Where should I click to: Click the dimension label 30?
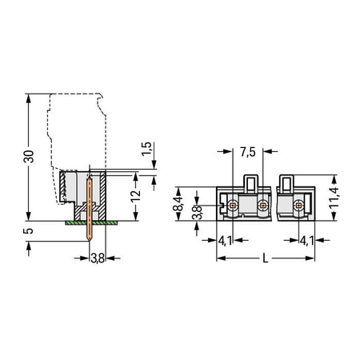[29, 157]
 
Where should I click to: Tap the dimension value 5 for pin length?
[29, 230]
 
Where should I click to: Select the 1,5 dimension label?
[146, 149]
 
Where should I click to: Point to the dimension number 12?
[136, 196]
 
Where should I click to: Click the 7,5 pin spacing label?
[248, 152]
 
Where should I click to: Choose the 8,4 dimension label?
[178, 203]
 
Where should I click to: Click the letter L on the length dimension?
[266, 258]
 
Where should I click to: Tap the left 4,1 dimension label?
[225, 241]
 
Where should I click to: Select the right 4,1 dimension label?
[306, 241]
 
